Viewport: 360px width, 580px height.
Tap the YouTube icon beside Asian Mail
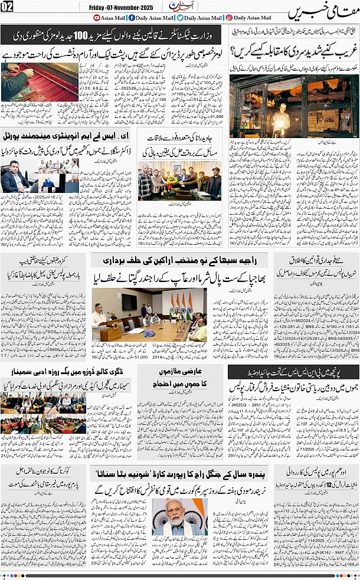tap(96, 18)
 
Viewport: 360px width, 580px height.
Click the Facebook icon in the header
tap(132, 18)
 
